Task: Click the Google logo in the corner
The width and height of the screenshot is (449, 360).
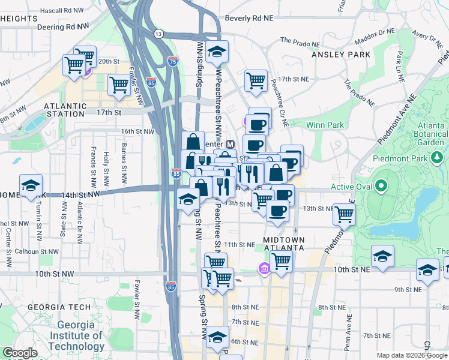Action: coord(19,353)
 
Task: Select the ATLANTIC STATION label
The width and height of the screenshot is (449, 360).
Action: coord(64,110)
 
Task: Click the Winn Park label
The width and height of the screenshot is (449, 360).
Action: coord(325,125)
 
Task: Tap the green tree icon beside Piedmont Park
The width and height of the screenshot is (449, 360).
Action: coord(437,158)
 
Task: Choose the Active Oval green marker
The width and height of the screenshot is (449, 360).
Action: coord(381,187)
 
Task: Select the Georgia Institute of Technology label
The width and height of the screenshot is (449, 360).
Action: coord(76,335)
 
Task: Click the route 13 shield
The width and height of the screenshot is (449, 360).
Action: coord(158,34)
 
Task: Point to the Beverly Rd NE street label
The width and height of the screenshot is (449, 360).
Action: coord(250,19)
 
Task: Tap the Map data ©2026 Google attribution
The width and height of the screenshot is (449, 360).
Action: coord(411,355)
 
